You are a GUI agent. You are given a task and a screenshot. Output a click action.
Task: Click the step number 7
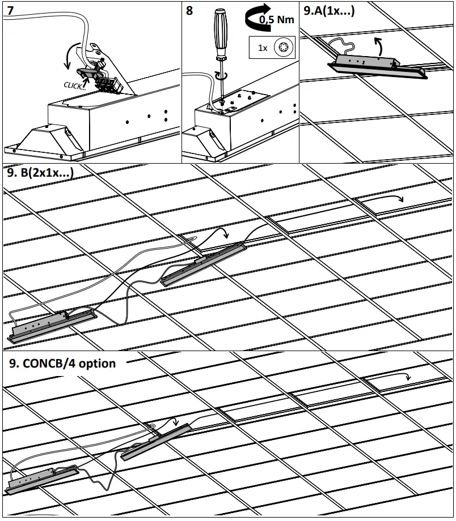pos(10,11)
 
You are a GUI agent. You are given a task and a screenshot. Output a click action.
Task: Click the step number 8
pos(189,11)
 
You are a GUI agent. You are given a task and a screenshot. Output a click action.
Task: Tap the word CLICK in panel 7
pos(74,85)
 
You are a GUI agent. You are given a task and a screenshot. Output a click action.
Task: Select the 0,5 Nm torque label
pos(276,20)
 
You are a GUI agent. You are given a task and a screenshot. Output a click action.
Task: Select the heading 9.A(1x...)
pos(330,10)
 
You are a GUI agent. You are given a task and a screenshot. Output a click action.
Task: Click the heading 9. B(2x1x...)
pos(40,173)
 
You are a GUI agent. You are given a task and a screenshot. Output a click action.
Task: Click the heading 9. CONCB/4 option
pos(62,364)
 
